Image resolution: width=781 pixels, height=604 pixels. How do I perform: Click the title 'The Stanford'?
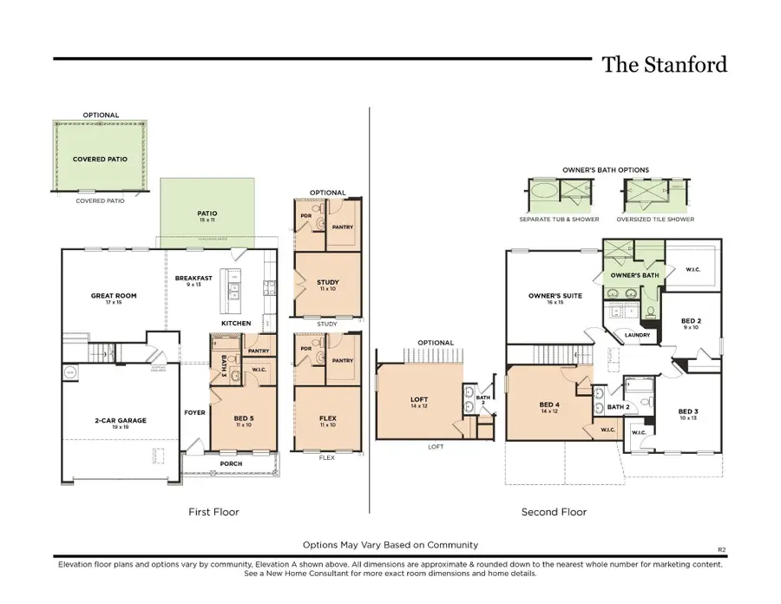click(x=664, y=65)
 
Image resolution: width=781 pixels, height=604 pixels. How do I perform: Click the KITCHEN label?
click(x=236, y=324)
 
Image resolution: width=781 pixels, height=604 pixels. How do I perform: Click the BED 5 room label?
click(x=243, y=421)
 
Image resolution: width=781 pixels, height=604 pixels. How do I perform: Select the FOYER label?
click(x=195, y=412)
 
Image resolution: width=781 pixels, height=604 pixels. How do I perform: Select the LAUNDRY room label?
click(x=638, y=335)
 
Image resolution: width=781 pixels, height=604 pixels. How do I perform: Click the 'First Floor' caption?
click(x=213, y=512)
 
